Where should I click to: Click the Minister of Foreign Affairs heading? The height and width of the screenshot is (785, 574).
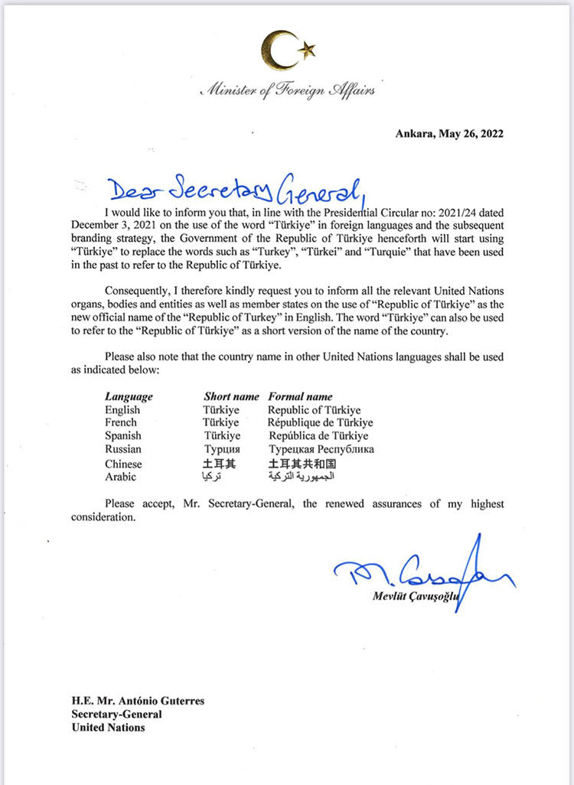(288, 91)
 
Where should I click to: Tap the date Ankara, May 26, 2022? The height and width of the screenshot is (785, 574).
(449, 134)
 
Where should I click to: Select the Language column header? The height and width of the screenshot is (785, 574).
(129, 396)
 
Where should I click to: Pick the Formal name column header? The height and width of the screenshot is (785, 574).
(300, 396)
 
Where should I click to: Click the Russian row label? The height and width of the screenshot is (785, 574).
(122, 449)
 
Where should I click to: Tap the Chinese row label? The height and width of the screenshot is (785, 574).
(123, 464)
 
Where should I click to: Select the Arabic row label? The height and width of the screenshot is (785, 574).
(120, 477)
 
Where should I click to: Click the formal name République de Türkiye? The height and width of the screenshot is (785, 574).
(320, 422)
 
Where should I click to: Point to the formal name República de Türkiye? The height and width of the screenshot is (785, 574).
(318, 435)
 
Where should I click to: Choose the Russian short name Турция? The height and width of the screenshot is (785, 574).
(222, 449)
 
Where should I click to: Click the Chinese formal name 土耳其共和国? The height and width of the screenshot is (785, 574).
(302, 464)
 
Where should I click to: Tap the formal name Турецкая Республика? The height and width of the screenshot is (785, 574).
(321, 449)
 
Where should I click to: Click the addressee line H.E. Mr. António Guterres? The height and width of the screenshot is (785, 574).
(139, 700)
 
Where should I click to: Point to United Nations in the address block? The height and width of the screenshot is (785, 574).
(108, 727)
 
